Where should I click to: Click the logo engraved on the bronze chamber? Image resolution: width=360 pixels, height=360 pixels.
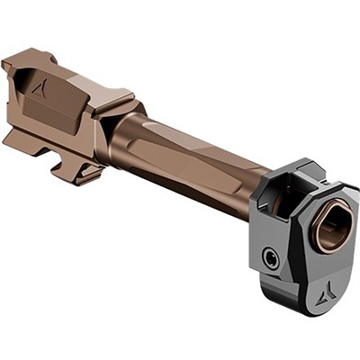(x=40, y=89)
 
